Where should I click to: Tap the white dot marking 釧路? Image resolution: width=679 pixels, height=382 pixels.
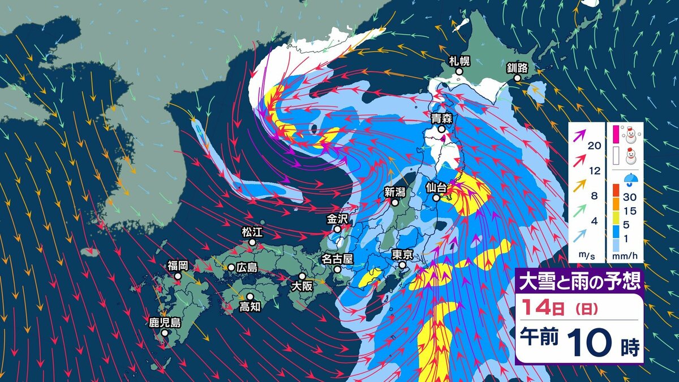517,78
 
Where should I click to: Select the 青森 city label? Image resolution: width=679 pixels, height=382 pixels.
441,119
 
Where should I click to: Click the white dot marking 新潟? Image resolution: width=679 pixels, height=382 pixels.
395,201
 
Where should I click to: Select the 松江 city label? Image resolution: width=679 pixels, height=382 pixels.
252,233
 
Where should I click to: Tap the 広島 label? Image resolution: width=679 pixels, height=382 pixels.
247,267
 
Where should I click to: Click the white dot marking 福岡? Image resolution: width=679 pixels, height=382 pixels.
178,276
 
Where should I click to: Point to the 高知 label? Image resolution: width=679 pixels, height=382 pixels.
250,307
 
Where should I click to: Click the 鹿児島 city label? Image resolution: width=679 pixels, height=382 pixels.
165,323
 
